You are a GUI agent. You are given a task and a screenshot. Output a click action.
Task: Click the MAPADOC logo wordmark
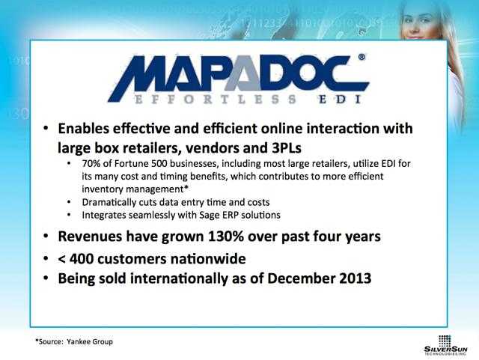(238, 75)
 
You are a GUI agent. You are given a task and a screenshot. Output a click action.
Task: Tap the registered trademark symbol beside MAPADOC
(361, 57)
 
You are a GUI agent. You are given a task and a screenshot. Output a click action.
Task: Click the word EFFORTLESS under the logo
(215, 100)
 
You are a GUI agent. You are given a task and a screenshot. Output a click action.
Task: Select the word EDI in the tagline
(341, 100)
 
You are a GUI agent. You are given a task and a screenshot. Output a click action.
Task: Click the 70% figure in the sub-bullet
(91, 163)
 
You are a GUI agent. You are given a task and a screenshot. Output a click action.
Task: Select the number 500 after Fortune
(159, 163)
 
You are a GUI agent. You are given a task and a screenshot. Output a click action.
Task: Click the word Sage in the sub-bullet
(207, 215)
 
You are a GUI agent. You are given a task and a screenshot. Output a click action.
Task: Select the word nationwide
(208, 259)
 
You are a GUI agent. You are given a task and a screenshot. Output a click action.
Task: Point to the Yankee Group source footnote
(74, 342)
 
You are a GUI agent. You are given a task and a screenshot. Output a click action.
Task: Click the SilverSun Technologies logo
(445, 345)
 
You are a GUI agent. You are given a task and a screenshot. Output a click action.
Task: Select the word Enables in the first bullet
(83, 128)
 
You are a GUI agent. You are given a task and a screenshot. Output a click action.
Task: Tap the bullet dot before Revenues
(46, 237)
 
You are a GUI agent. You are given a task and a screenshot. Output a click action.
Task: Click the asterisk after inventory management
(186, 187)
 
